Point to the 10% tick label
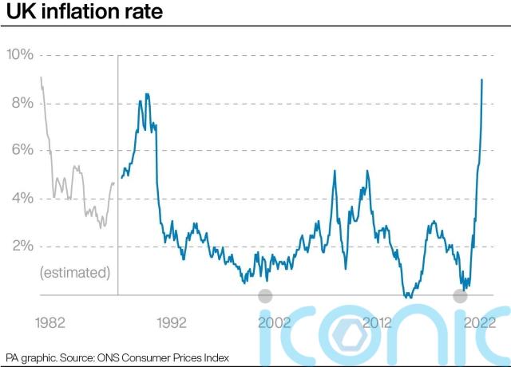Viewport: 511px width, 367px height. (x=20, y=54)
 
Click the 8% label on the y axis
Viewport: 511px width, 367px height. (x=20, y=103)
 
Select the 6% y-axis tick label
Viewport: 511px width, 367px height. (x=20, y=150)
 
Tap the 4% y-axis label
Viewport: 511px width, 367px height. (x=20, y=198)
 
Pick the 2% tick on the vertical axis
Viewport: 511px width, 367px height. (x=20, y=246)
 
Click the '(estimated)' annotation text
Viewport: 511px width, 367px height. (x=74, y=273)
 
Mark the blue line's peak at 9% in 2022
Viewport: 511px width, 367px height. (x=481, y=80)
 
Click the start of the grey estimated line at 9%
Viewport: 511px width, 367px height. (x=41, y=77)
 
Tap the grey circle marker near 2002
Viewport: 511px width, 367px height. (x=266, y=296)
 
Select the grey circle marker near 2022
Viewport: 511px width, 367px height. (x=460, y=296)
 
